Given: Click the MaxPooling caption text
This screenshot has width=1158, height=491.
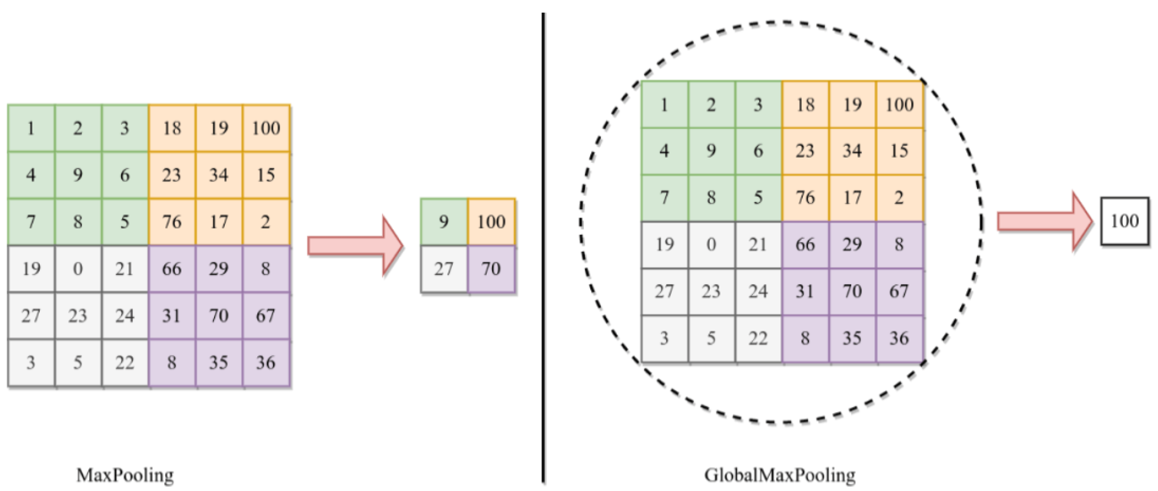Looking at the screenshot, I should point(125,475).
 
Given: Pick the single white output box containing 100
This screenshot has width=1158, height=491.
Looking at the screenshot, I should point(1125,221).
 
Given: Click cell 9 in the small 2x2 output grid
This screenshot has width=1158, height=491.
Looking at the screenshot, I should point(444,222).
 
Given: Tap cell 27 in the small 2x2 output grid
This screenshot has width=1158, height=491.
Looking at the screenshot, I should point(444,269).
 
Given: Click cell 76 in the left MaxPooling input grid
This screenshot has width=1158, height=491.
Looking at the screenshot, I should point(172,222).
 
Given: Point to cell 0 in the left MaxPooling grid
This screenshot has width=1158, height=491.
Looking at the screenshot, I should point(78,269).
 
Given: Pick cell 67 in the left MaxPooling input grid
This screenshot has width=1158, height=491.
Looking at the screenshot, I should point(266,315).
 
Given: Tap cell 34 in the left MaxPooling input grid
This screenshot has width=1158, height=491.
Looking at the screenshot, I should point(219,175).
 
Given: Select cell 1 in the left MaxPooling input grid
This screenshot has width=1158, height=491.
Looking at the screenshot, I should point(30,128).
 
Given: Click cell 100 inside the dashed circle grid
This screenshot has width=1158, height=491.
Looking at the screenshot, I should point(899,104).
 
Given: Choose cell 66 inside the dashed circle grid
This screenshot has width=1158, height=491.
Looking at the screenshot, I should point(805,245).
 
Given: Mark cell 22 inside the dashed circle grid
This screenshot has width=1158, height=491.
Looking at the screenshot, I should point(758,338).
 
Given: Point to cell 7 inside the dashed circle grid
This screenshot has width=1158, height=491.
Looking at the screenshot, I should point(664,198).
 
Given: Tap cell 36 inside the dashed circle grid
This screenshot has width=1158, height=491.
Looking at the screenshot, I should point(899,338).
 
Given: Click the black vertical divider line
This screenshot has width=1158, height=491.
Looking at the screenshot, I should point(544,247).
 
